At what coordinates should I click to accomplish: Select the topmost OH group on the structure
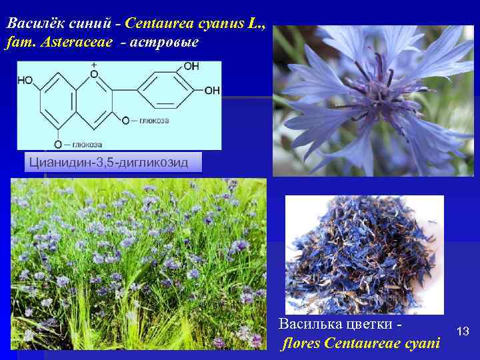pos(191,67)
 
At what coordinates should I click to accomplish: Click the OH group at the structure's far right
pos(212,90)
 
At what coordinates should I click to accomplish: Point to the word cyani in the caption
pos(425,344)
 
